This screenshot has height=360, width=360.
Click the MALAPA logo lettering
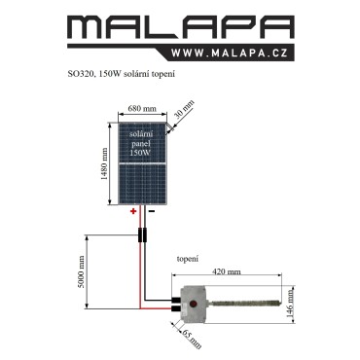181,27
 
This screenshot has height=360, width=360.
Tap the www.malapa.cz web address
230,53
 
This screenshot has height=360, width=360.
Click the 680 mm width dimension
142,108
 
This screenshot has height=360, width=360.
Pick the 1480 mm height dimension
104,163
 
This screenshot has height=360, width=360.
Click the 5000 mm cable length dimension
81,271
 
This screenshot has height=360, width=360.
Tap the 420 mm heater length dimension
227,271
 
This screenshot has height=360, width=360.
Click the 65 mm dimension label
192,339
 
